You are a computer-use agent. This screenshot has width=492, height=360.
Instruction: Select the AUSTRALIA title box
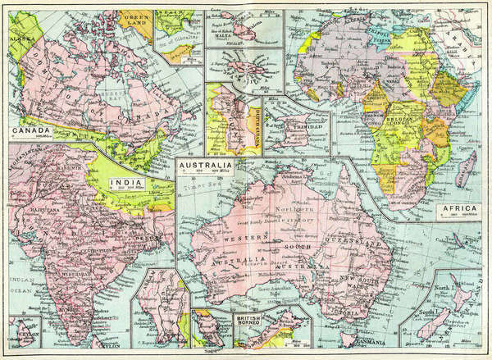204,167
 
